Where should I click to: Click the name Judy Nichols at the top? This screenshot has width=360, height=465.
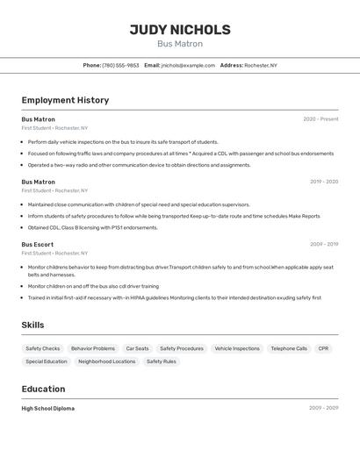[180, 30]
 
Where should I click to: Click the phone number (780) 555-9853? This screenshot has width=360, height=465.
[120, 65]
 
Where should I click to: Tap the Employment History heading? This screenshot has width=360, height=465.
[65, 100]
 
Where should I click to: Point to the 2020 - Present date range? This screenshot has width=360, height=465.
[320, 119]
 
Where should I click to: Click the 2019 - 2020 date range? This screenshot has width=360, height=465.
[323, 182]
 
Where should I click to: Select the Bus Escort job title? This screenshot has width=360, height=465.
[38, 245]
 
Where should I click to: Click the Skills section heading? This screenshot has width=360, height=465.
[32, 325]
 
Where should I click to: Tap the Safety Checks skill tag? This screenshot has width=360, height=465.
[43, 348]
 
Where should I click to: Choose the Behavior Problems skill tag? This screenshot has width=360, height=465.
[93, 348]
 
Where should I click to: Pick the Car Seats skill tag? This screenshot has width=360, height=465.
[137, 348]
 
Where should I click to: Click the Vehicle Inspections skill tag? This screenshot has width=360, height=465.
[237, 348]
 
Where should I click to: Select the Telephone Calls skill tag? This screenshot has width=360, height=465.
[289, 348]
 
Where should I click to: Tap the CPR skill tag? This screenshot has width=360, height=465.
[323, 348]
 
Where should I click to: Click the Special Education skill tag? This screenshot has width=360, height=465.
[47, 361]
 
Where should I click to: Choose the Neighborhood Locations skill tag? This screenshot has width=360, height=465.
[107, 361]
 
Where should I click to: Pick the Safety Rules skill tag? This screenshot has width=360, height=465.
[161, 361]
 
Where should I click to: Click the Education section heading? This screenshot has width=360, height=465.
[43, 389]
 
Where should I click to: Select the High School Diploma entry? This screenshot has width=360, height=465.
[48, 408]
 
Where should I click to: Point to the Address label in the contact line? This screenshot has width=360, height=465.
[231, 65]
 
